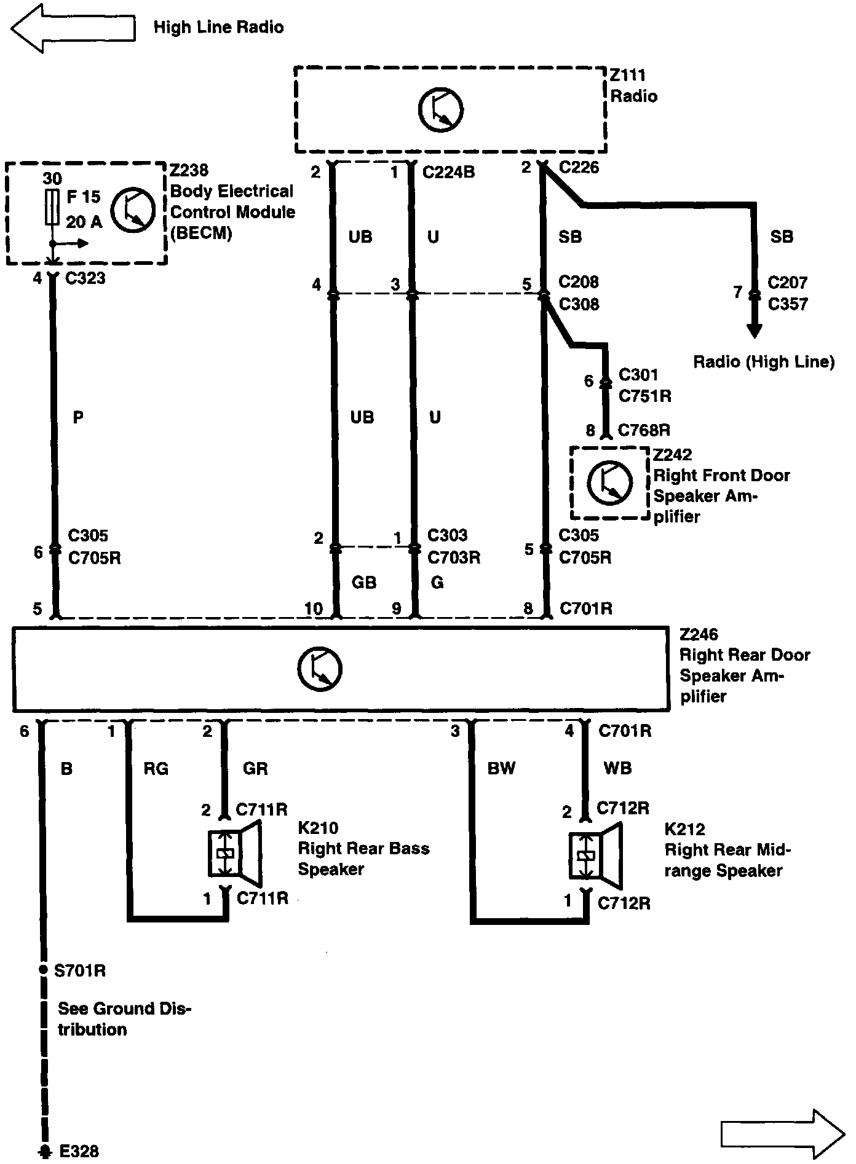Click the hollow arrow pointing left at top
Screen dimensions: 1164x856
tap(73, 28)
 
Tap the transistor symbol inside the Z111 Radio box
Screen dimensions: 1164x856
tap(441, 110)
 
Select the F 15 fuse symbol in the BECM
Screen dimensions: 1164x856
tap(52, 207)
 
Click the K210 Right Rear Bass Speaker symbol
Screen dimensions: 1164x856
tap(235, 854)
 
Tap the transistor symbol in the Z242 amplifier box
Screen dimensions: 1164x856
tap(609, 482)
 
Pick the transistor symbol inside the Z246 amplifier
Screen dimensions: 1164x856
tap(320, 669)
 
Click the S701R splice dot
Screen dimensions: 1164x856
tap(42, 970)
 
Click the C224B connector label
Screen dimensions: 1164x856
tap(449, 172)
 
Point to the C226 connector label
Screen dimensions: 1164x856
tap(579, 167)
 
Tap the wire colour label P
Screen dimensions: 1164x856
tap(78, 418)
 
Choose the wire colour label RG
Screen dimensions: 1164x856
tap(156, 768)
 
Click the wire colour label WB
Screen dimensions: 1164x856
tap(617, 768)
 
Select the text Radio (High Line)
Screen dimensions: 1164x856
tap(764, 361)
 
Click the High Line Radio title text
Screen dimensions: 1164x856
tap(218, 28)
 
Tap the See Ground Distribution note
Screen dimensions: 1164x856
tap(124, 1019)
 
